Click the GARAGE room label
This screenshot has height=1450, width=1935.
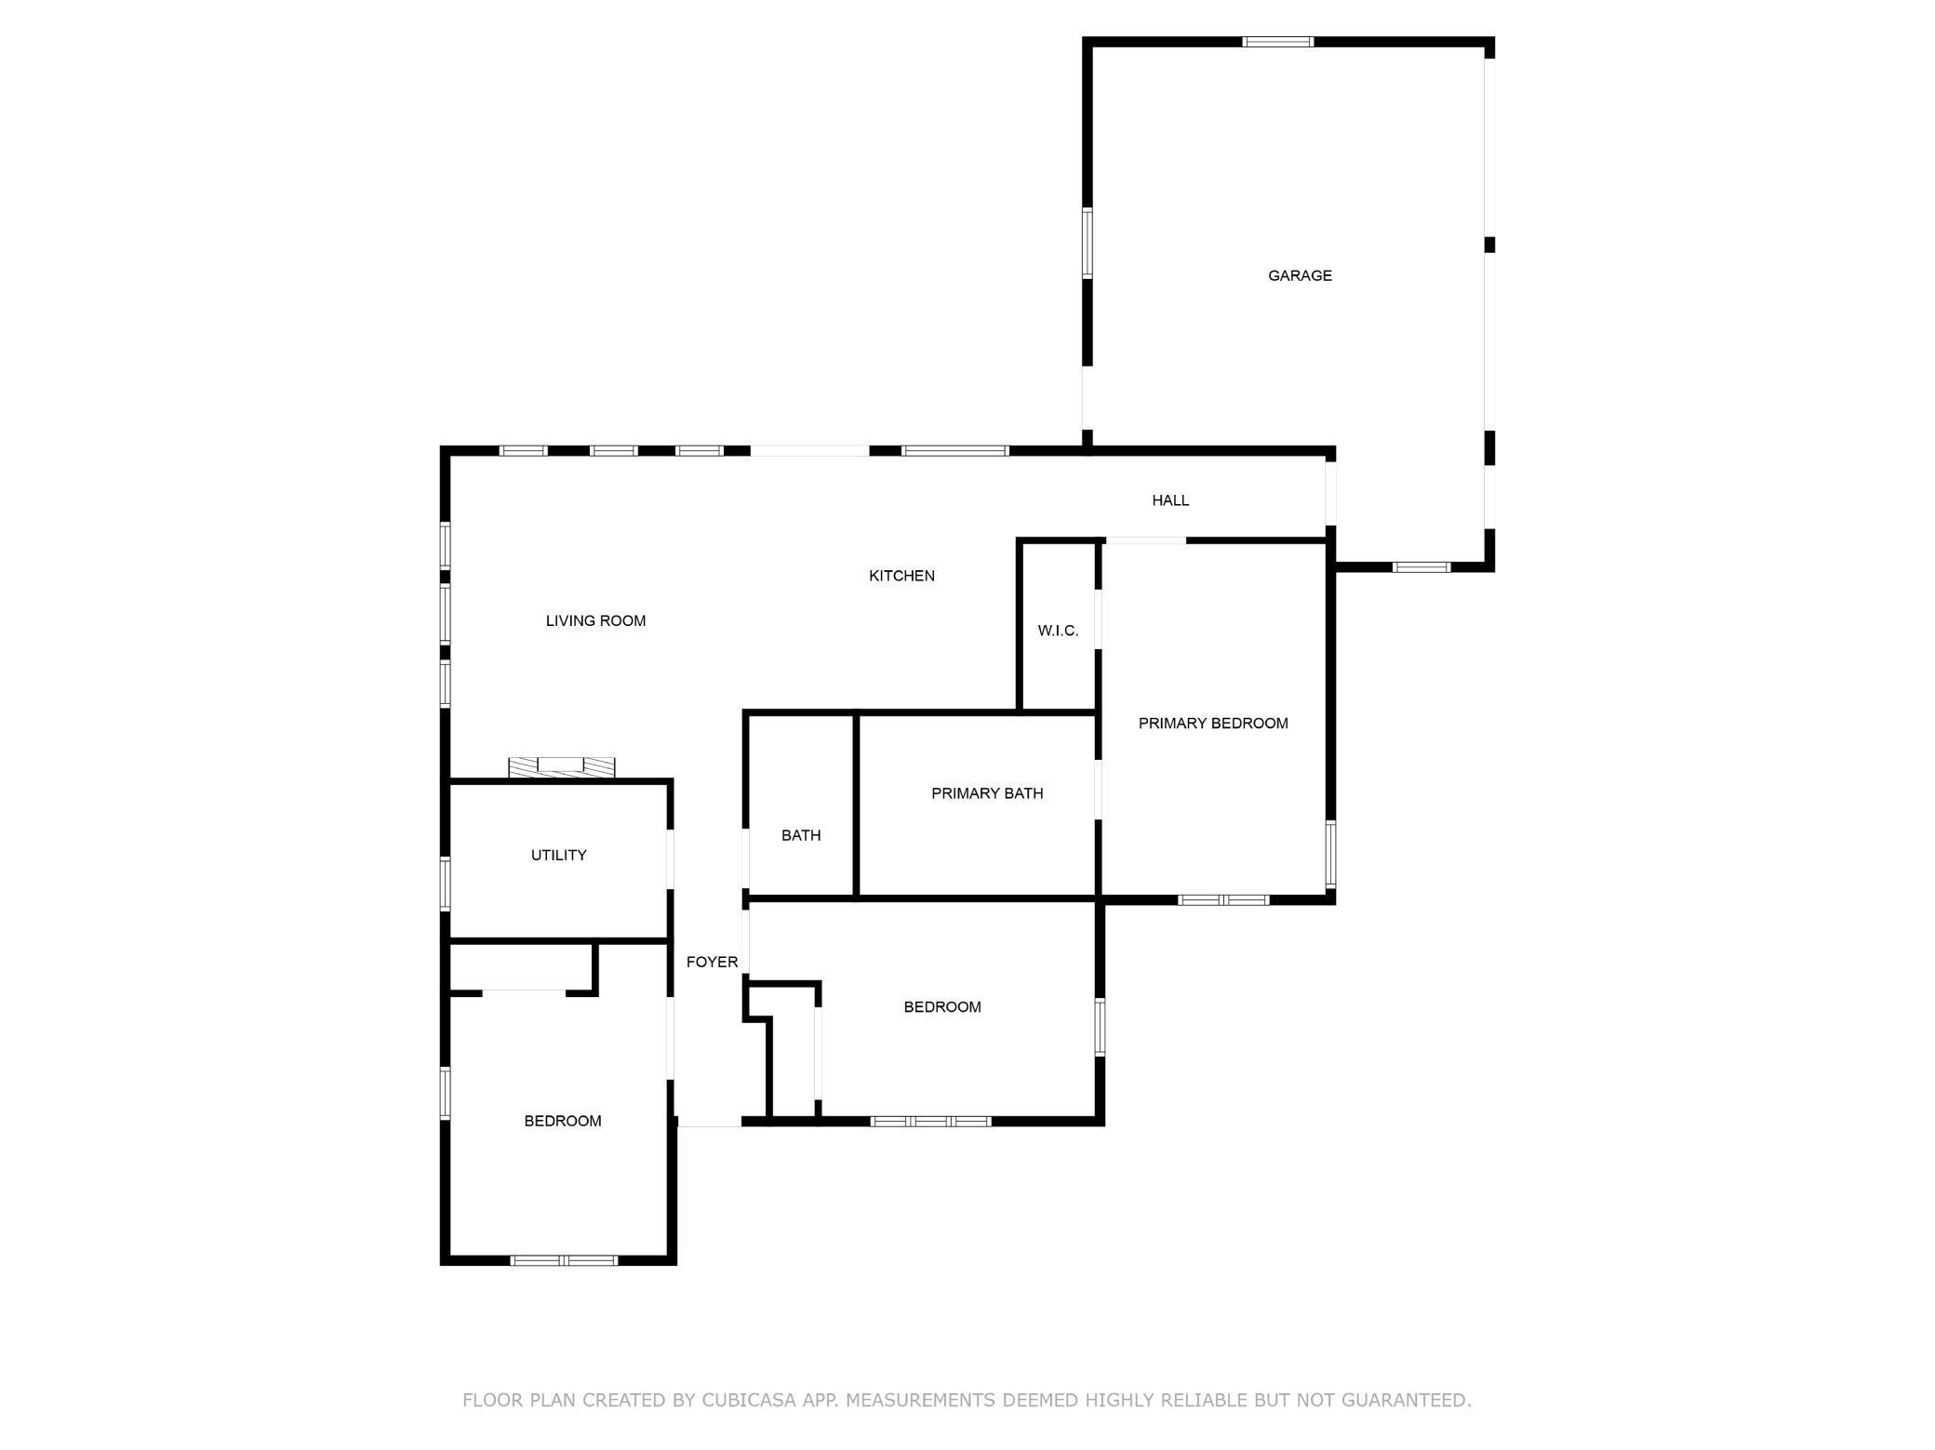pyautogui.click(x=1300, y=275)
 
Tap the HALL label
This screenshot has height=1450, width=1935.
pyautogui.click(x=1170, y=500)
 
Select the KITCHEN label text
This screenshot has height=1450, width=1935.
pyautogui.click(x=901, y=576)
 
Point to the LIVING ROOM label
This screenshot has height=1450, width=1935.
pyautogui.click(x=595, y=621)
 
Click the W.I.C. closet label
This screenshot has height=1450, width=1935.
pyautogui.click(x=1058, y=631)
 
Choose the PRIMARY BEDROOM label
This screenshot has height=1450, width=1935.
pyautogui.click(x=1213, y=724)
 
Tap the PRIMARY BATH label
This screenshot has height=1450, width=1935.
pyautogui.click(x=987, y=793)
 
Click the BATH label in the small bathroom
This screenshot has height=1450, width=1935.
pyautogui.click(x=801, y=835)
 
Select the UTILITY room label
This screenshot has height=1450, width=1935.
pyautogui.click(x=558, y=856)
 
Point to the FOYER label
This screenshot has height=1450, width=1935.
pyautogui.click(x=712, y=963)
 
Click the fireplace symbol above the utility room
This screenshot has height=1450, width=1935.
pyautogui.click(x=562, y=767)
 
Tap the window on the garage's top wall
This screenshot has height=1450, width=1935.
pyautogui.click(x=1278, y=42)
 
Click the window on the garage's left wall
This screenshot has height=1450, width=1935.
pyautogui.click(x=1087, y=243)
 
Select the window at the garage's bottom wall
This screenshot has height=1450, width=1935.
pyautogui.click(x=1421, y=567)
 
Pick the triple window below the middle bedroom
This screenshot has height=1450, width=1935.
pyautogui.click(x=930, y=1122)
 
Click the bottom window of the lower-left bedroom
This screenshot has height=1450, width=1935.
pyautogui.click(x=564, y=1261)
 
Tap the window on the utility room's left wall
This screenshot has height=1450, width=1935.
pyautogui.click(x=446, y=884)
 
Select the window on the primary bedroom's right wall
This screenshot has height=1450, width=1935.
pyautogui.click(x=1330, y=854)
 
